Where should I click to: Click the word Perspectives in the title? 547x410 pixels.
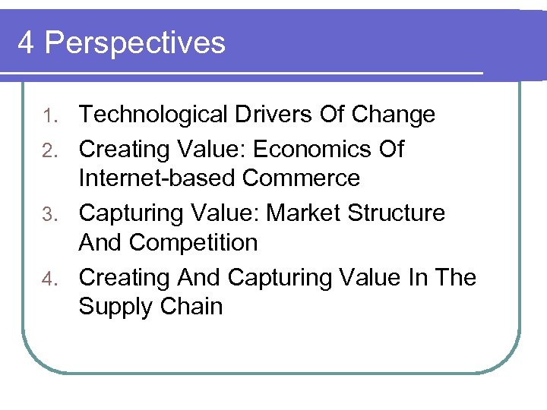tap(135, 43)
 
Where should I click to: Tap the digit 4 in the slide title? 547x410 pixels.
tap(26, 43)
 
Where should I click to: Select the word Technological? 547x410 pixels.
tap(153, 115)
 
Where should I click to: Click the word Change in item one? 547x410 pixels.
tap(393, 115)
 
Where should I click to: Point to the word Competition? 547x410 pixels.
tap(194, 243)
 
